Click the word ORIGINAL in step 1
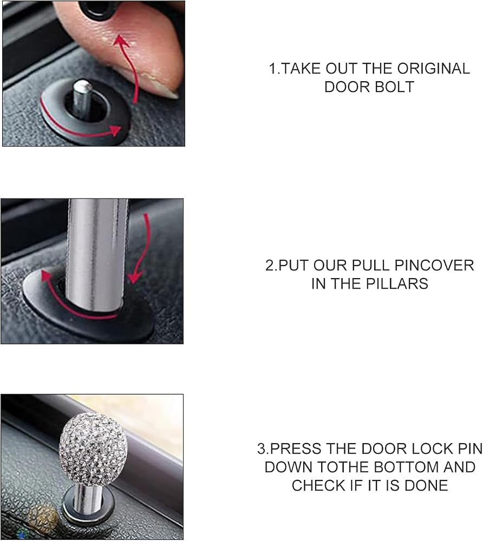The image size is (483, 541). click(433, 69)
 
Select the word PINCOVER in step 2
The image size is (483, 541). click(434, 265)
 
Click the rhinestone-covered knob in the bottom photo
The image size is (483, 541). click(93, 449)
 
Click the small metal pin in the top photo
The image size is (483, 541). click(82, 100)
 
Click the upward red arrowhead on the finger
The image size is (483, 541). click(121, 41)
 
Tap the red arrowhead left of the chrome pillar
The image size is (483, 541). click(45, 276)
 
